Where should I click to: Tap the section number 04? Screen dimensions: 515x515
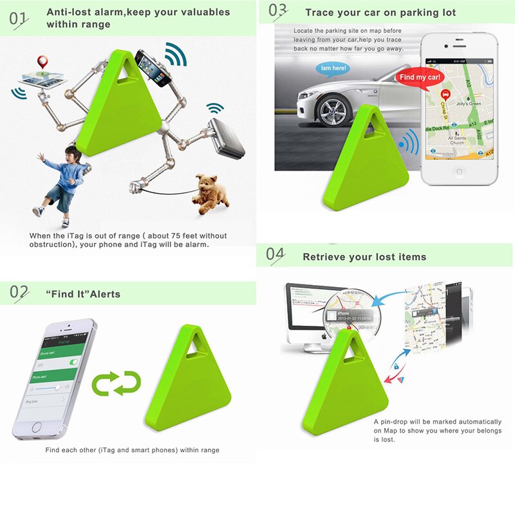point(276,255)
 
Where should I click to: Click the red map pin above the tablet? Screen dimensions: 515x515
point(42,62)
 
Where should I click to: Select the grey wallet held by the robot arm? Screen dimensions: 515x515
point(227,139)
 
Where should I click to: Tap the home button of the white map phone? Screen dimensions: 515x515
point(459,173)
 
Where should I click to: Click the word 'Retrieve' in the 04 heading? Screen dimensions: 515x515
point(325,257)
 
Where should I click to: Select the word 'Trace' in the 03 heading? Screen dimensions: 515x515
point(320,13)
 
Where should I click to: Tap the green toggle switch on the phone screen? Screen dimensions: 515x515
point(73,362)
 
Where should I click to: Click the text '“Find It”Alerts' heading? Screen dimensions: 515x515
point(83,294)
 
